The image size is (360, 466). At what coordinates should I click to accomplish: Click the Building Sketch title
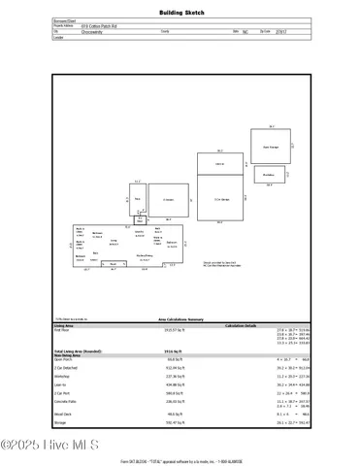(180, 13)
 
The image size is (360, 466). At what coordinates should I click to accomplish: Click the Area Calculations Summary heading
(180, 317)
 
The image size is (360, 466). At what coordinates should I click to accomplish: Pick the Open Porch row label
(63, 359)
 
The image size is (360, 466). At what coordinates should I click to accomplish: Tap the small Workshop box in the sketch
(269, 175)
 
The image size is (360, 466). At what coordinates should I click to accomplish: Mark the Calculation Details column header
(244, 326)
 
